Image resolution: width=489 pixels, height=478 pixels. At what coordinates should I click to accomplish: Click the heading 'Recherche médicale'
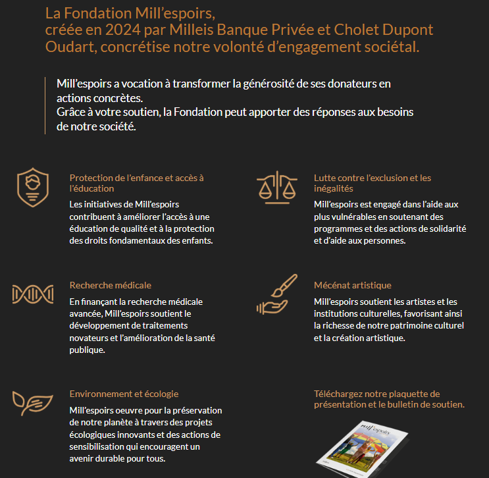coord(111,285)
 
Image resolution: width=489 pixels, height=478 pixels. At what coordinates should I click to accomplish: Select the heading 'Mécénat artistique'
coord(353,285)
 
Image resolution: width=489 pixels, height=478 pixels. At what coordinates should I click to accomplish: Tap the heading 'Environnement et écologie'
coord(124,394)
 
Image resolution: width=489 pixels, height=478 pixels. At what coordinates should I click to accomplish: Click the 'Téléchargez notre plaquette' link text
coord(376,394)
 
